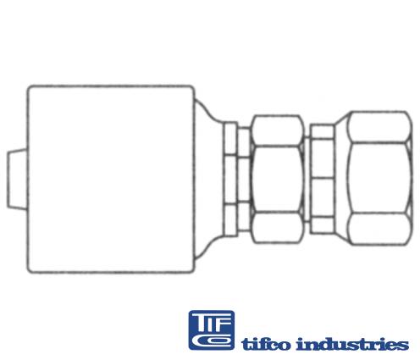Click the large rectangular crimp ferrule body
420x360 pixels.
(111, 179)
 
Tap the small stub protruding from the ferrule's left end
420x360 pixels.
(17, 179)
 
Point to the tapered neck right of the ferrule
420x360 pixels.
(209, 179)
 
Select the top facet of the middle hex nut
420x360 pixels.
(278, 130)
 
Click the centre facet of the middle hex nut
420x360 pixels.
(278, 179)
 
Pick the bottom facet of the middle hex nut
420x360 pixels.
(278, 228)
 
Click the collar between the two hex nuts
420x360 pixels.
(322, 179)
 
